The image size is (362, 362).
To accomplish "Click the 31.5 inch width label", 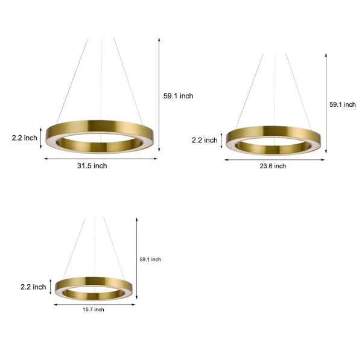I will pos(92,166).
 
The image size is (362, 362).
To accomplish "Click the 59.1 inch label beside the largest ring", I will pos(178,96).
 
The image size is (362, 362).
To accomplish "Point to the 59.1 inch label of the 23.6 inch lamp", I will pos(342,104).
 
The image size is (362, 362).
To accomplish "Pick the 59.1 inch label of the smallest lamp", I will pos(150,259).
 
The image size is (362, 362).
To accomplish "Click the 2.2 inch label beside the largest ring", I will pos(24,138).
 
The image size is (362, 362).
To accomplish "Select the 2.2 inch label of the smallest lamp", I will pos(33,287).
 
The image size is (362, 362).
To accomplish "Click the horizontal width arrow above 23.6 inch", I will pos(275,159).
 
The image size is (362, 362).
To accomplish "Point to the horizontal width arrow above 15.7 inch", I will pos(94,304).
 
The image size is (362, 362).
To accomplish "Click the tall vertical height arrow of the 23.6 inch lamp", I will pos(326,103).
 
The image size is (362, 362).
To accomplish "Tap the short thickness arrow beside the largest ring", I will pos(42,138).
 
